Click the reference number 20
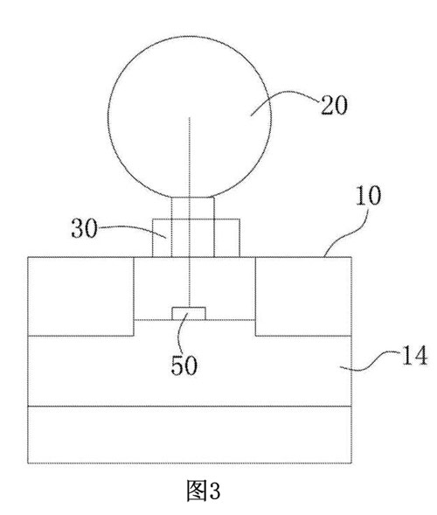point(334,106)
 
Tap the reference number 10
point(368,196)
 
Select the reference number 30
point(85,228)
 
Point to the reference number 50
point(184,365)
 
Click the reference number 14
point(414,355)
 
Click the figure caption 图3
point(204,491)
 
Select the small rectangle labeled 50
point(189,313)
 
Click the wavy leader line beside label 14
point(371,360)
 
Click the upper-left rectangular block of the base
point(80,296)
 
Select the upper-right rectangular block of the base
point(303,296)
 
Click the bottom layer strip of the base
point(190,435)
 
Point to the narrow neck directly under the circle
point(193,208)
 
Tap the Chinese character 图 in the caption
point(197,491)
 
